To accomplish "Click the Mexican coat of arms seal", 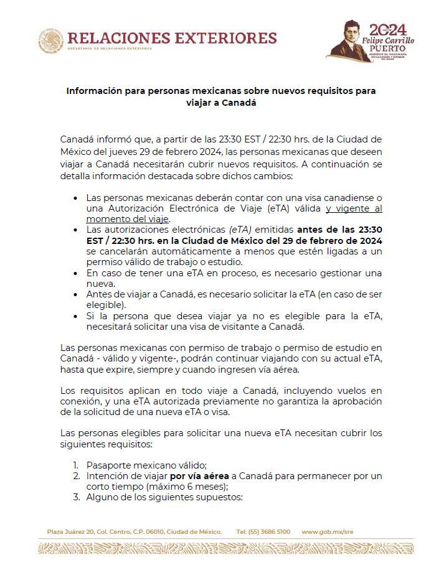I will pyautogui.click(x=51, y=40).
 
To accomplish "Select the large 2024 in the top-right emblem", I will pyautogui.click(x=388, y=29).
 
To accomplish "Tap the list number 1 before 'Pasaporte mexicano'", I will pyautogui.click(x=75, y=465).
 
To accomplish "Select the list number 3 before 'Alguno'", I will pyautogui.click(x=75, y=497).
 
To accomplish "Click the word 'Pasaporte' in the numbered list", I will pyautogui.click(x=108, y=465).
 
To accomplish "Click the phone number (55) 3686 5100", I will pyautogui.click(x=263, y=532).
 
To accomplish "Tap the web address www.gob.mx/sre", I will pyautogui.click(x=328, y=532).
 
